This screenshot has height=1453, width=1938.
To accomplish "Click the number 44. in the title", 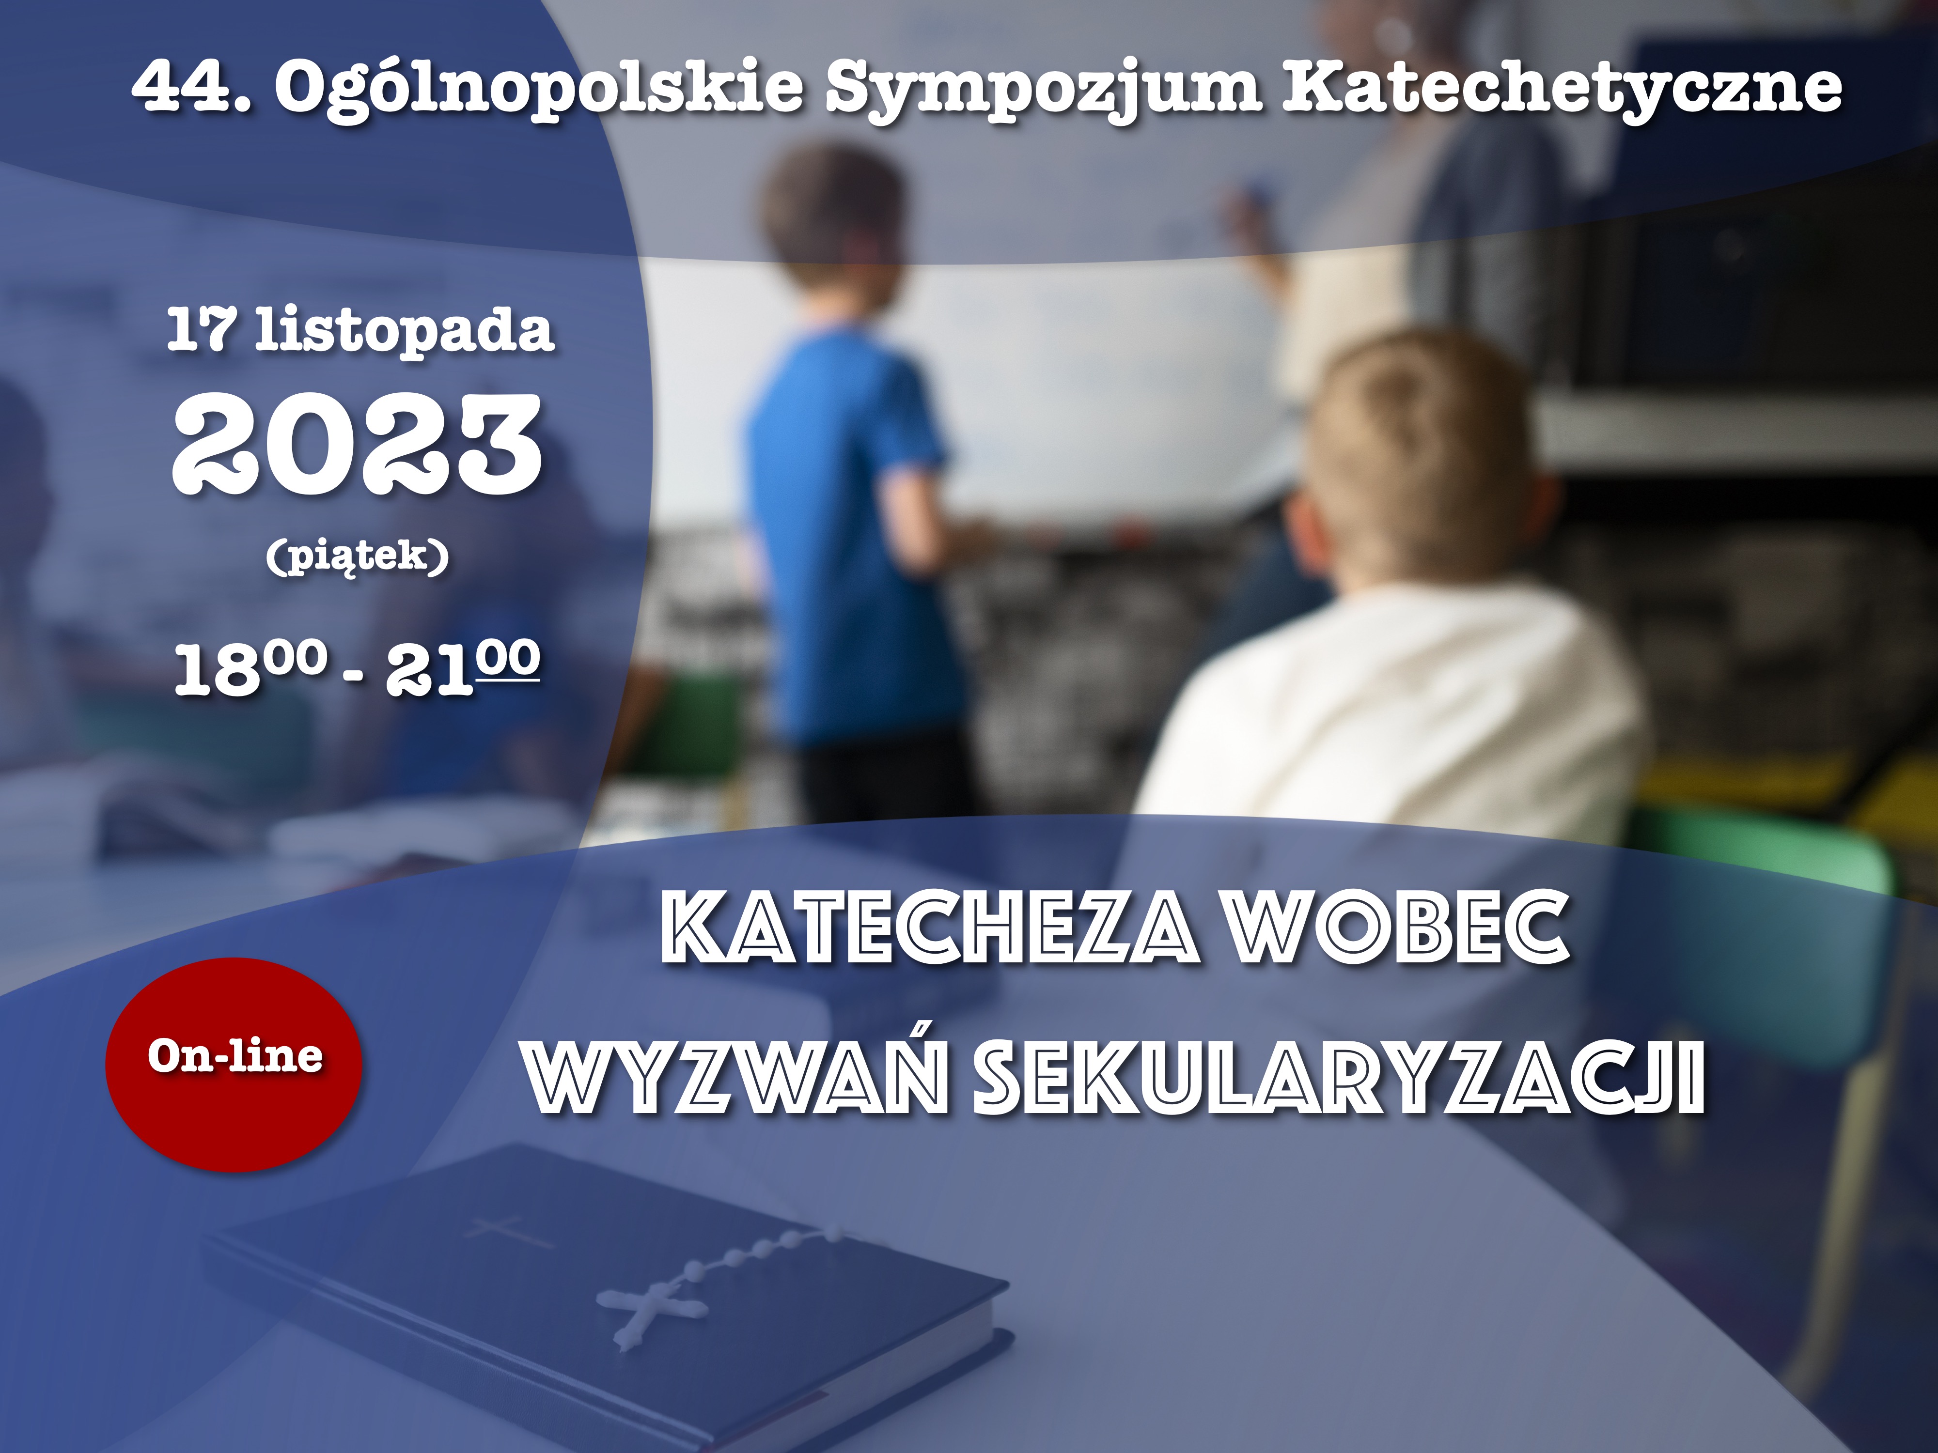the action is [191, 88].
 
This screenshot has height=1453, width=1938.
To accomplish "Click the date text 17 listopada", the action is [361, 330].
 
